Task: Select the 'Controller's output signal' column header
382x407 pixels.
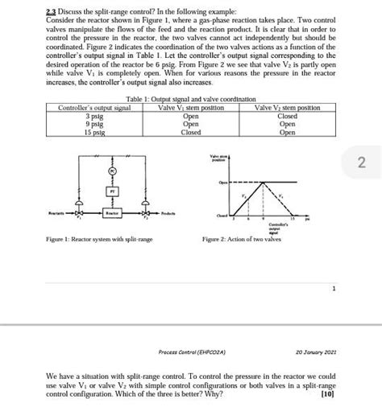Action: pyautogui.click(x=94, y=107)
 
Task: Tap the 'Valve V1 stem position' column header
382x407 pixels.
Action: pyautogui.click(x=190, y=107)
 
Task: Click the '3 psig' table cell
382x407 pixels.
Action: pyautogui.click(x=93, y=115)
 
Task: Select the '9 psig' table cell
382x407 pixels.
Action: pyautogui.click(x=93, y=124)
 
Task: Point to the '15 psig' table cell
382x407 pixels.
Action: pyautogui.click(x=93, y=133)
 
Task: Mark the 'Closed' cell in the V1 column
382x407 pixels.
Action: pyautogui.click(x=191, y=133)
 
